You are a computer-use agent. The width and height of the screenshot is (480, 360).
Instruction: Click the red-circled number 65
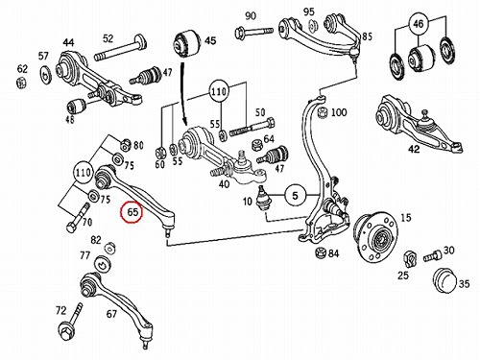point(132,211)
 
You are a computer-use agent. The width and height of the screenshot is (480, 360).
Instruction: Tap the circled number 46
point(418,24)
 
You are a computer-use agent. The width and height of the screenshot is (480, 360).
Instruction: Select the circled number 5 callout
point(295,195)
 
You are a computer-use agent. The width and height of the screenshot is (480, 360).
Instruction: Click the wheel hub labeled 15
point(377,236)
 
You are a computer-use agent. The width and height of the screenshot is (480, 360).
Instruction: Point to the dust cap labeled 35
point(445,281)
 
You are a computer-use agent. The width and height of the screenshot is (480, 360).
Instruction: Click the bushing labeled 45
point(187,42)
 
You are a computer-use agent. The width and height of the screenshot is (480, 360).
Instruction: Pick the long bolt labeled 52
point(121,49)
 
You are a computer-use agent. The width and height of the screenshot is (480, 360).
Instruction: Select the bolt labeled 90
point(253,32)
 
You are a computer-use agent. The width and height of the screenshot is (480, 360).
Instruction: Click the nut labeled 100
point(323,112)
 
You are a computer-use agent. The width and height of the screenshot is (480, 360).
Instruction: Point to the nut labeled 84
point(321,252)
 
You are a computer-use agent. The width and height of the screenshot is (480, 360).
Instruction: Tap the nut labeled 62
point(21,83)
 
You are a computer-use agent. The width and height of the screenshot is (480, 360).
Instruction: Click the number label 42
point(414,149)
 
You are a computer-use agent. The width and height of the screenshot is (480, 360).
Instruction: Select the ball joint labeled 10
point(264,199)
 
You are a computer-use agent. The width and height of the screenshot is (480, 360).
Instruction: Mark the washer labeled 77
point(102,264)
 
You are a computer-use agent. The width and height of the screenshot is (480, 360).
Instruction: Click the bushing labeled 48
point(77,106)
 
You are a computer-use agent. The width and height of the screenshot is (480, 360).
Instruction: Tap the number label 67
point(111,314)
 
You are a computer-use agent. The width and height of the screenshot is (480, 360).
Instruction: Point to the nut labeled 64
point(257,146)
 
